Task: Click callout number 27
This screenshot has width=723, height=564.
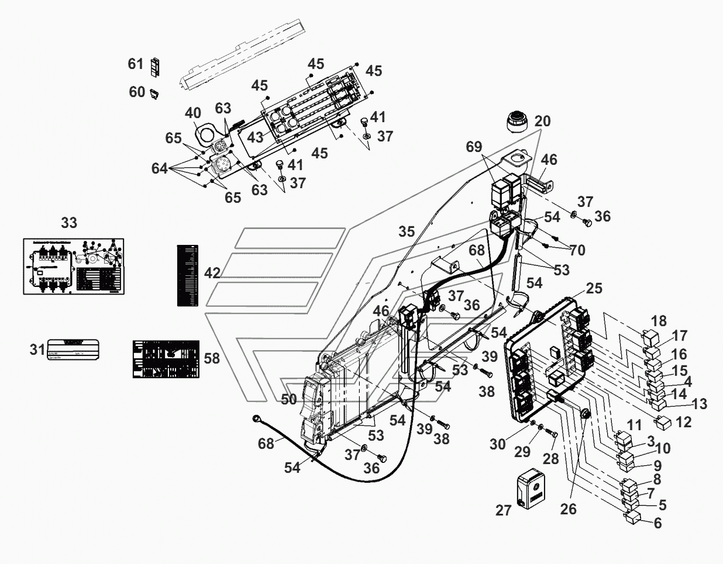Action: [504, 510]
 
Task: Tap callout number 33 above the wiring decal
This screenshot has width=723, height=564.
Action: [69, 223]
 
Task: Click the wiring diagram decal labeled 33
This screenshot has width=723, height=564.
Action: [73, 266]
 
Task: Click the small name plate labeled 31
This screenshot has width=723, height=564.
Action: [73, 350]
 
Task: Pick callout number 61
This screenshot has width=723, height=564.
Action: [136, 63]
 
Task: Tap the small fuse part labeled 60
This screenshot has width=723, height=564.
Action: [156, 93]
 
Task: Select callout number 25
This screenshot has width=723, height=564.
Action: [594, 289]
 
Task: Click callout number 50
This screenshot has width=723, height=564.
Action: [289, 399]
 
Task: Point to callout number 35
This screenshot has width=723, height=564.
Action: [406, 231]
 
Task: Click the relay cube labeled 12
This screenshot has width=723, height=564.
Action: [663, 420]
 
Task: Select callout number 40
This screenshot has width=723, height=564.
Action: [193, 113]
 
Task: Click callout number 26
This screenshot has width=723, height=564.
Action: [568, 509]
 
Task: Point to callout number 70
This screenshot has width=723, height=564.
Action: [577, 250]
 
